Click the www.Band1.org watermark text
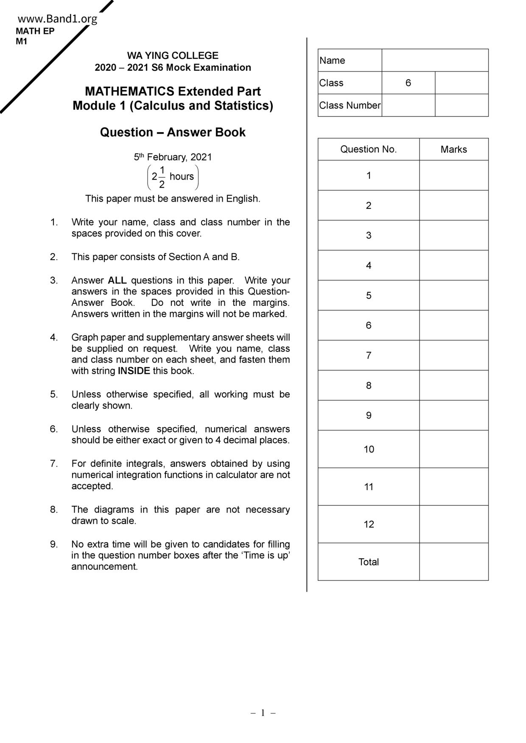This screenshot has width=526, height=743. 57,19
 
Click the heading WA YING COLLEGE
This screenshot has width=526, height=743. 173,55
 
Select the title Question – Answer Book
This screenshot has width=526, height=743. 173,132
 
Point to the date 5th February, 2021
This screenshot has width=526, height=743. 173,157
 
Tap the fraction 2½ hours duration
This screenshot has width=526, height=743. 173,177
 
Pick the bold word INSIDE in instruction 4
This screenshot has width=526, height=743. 134,371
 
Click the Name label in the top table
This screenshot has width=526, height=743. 332,61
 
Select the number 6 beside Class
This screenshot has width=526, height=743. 408,83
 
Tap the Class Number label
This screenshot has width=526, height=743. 350,105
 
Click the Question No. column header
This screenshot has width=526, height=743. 368,149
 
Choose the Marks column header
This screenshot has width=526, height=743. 453,150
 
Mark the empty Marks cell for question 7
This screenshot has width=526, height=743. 453,355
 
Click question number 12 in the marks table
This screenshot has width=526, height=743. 369,524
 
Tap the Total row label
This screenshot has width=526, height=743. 368,562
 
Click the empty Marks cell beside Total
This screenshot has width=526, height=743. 453,562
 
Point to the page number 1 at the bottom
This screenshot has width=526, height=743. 263,713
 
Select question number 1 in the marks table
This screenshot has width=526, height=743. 369,175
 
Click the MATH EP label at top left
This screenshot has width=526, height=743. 35,31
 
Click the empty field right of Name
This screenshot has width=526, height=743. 435,61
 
